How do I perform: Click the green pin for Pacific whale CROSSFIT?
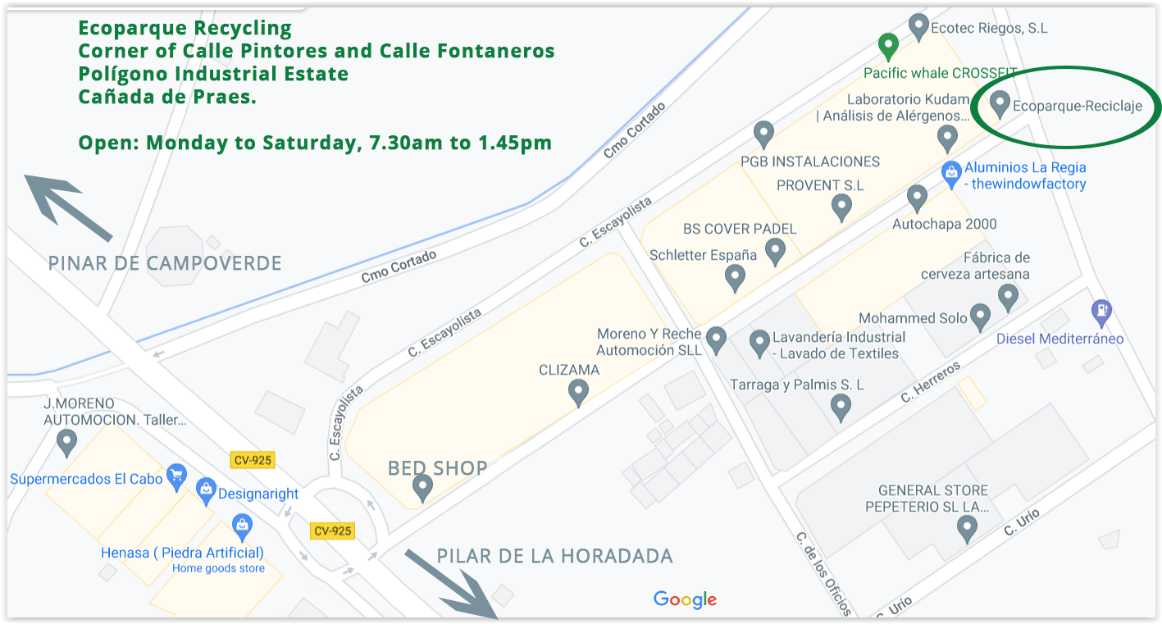(x=887, y=46)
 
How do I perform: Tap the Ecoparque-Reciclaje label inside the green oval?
(x=1077, y=106)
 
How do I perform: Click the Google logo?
(x=685, y=599)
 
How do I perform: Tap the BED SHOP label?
(x=437, y=468)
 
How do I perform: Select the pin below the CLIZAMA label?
(x=578, y=392)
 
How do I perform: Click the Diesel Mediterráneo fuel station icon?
(x=1101, y=312)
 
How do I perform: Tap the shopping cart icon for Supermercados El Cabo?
(x=176, y=476)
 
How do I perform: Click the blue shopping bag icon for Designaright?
(x=206, y=490)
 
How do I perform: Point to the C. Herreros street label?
(x=930, y=383)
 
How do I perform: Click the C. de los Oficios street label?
(x=823, y=573)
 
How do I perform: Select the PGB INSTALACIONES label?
(x=809, y=162)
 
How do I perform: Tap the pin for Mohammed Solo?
(x=980, y=317)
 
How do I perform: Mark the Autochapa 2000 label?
(x=944, y=224)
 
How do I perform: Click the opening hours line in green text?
(x=315, y=143)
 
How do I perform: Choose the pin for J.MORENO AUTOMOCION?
(x=66, y=443)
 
